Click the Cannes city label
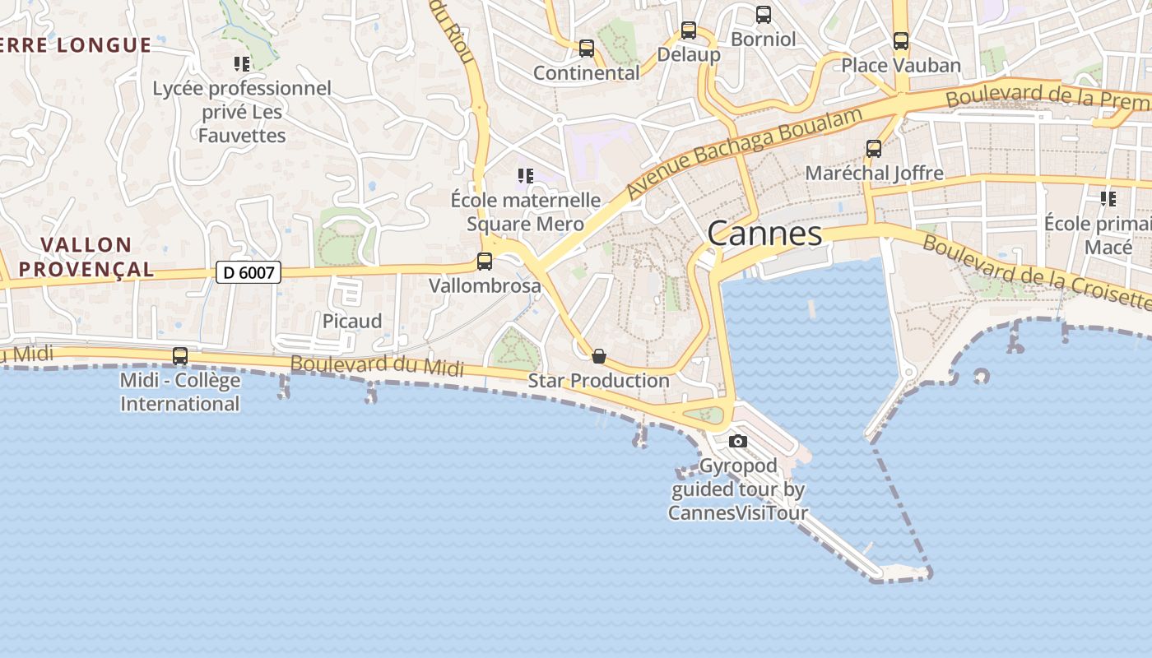(764, 234)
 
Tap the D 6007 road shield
(249, 272)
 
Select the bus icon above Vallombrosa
(485, 262)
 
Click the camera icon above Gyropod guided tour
(738, 442)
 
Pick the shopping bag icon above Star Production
(599, 356)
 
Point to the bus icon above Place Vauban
(901, 41)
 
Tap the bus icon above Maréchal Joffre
(874, 149)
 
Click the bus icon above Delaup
(689, 31)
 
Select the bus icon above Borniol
(764, 15)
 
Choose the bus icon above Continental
(587, 49)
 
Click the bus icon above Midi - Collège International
(180, 356)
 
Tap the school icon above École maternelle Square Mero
(525, 175)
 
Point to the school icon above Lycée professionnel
(241, 63)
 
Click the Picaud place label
(352, 321)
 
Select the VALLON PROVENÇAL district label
(86, 257)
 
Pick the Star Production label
(598, 380)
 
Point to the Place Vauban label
(900, 65)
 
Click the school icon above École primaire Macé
(1108, 198)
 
